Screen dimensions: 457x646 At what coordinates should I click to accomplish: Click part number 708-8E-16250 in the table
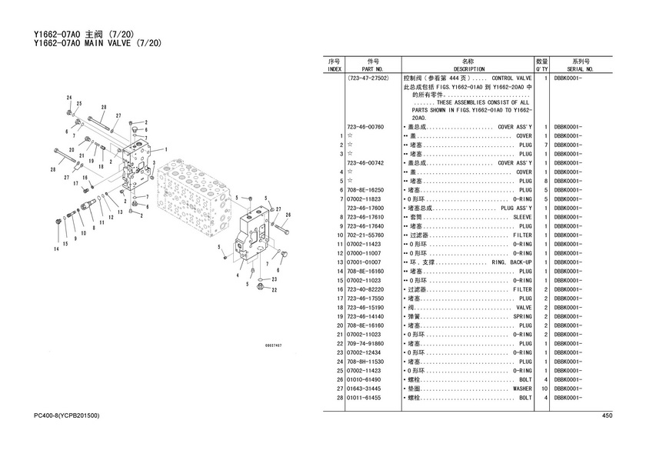coord(365,190)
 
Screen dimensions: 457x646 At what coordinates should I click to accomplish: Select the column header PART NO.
coord(375,68)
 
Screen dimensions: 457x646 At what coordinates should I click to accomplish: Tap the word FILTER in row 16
coord(522,289)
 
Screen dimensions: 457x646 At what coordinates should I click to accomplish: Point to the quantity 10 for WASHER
coord(544,389)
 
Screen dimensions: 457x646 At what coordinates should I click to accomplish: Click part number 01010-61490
coord(365,380)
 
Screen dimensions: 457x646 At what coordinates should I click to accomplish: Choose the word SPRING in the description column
coord(522,317)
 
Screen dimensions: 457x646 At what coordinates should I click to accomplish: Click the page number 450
coord(606,416)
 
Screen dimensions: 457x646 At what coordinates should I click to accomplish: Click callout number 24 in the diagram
coord(69,98)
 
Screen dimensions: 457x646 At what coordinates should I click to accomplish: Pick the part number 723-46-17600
coord(365,208)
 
